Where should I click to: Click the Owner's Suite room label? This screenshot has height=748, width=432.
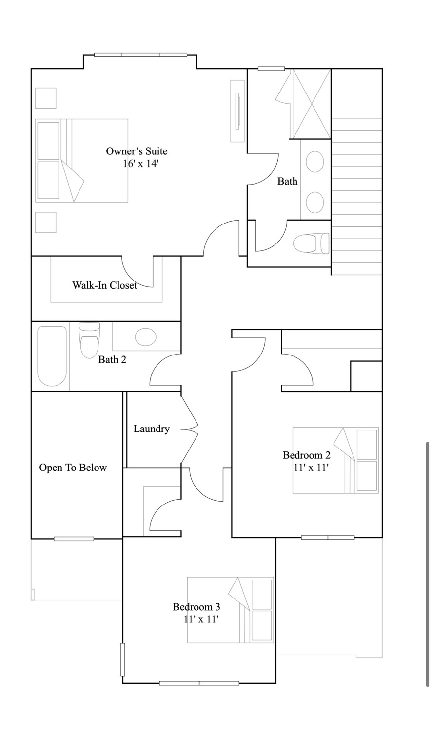point(137,151)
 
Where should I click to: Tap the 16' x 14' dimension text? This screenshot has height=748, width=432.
point(141,164)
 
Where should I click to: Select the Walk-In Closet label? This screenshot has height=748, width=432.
point(104,285)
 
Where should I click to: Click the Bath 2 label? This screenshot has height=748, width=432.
point(112,360)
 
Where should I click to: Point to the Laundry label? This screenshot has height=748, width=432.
point(152,429)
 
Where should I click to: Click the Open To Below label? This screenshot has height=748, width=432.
point(73,468)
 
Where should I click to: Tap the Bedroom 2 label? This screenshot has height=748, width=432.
point(306,455)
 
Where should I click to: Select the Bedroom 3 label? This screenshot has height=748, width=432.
point(196,607)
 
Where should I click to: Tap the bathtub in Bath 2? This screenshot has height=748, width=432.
point(52,356)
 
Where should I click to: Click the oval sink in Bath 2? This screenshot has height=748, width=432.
point(145,337)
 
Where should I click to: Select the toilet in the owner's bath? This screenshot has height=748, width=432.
point(311,243)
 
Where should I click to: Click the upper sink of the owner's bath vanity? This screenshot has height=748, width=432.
point(315,161)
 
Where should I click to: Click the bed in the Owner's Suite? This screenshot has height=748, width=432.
point(81,160)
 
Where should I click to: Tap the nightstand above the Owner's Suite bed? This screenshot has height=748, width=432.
point(46,98)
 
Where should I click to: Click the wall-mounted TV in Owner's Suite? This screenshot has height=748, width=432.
point(237,111)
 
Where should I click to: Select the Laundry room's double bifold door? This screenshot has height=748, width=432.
point(190,430)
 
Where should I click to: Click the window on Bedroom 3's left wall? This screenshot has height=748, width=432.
point(123,659)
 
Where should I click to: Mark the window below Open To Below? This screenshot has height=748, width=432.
point(74,539)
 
